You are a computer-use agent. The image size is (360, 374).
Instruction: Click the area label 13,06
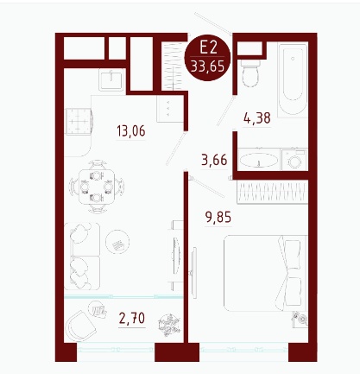[x=131, y=131]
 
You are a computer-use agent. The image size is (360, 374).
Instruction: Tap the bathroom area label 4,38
[x=257, y=118]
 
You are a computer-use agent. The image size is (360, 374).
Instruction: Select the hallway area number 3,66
[x=214, y=160]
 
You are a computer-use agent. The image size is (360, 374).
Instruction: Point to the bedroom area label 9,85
[x=218, y=217]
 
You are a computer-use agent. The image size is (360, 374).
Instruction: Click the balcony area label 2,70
[x=132, y=318]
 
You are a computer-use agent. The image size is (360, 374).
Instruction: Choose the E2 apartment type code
[x=208, y=48]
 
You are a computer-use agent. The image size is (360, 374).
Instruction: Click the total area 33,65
[x=207, y=67]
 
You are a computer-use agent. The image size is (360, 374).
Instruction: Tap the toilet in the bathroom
[x=250, y=73]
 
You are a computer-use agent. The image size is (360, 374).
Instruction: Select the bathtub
[x=293, y=79]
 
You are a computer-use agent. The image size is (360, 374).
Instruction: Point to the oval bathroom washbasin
[x=259, y=160]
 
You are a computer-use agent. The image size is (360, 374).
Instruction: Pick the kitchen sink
[x=111, y=79]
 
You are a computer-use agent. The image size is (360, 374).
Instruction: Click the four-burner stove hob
[x=79, y=121]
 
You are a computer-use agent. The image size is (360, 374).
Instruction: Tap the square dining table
[x=97, y=187]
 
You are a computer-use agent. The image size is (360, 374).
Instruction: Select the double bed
[x=266, y=273]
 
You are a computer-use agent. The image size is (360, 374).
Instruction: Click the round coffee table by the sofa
[x=117, y=242]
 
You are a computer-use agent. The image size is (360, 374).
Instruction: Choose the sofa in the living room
[x=82, y=256]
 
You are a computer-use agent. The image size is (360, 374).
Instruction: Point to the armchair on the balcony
[x=80, y=326]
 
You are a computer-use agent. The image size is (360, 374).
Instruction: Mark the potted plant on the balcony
[x=169, y=325]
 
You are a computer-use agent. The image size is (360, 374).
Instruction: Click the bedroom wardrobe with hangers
[x=272, y=192]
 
